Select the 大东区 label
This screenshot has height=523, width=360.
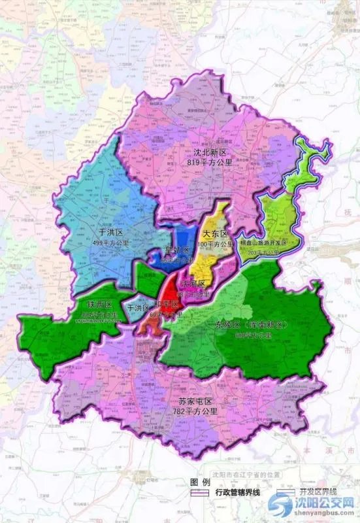point(215,234)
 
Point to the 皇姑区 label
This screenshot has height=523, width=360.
point(176,250)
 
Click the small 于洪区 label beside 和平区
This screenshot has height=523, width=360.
point(138,307)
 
